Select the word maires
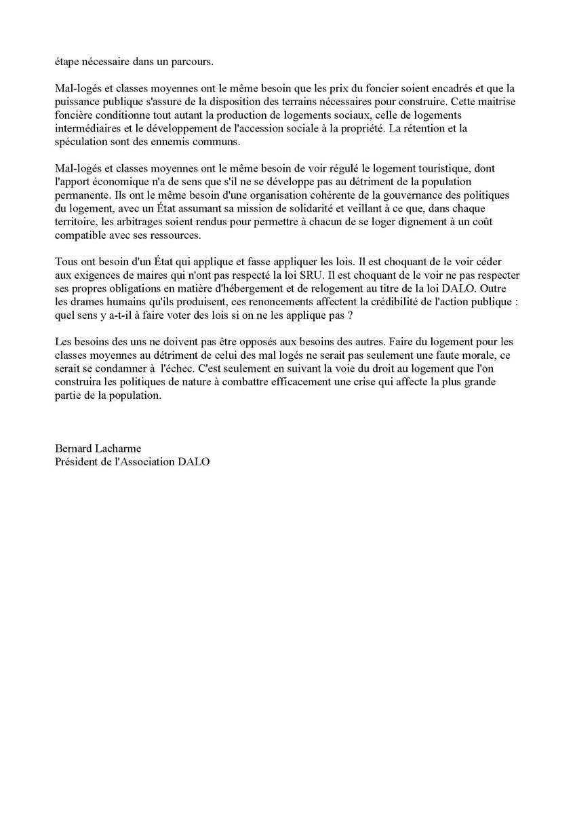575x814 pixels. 151,269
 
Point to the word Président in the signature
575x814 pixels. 78,461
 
